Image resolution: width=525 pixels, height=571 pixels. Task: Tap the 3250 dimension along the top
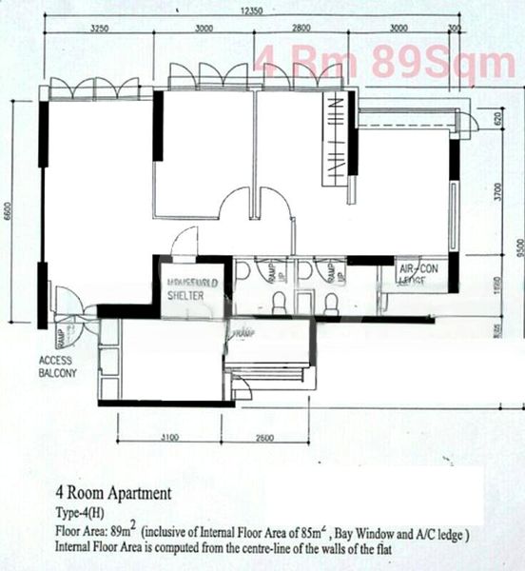[99, 30]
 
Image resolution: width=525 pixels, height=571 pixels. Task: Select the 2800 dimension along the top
[302, 30]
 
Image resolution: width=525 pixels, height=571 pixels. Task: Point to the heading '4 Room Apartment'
[113, 494]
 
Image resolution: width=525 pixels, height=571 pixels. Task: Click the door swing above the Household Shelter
[184, 241]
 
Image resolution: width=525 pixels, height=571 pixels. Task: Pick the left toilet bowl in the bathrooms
[280, 304]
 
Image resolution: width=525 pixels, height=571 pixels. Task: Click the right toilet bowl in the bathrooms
[331, 304]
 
